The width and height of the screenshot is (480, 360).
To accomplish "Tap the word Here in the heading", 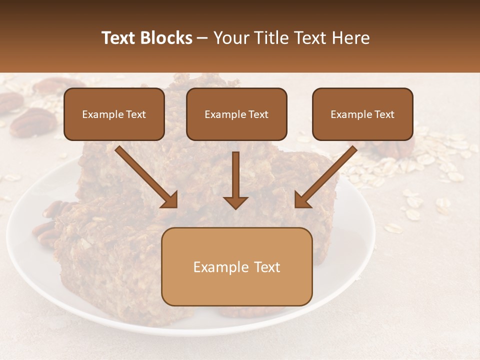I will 351,38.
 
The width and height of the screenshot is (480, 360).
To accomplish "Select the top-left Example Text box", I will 114,114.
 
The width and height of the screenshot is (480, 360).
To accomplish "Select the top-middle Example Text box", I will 236,114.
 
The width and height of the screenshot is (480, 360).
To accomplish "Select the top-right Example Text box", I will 362,114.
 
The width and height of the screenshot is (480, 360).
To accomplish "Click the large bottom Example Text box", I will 236,266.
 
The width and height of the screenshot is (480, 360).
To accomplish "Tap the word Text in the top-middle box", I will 257,114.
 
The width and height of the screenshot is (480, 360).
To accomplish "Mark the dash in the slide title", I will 202,38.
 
